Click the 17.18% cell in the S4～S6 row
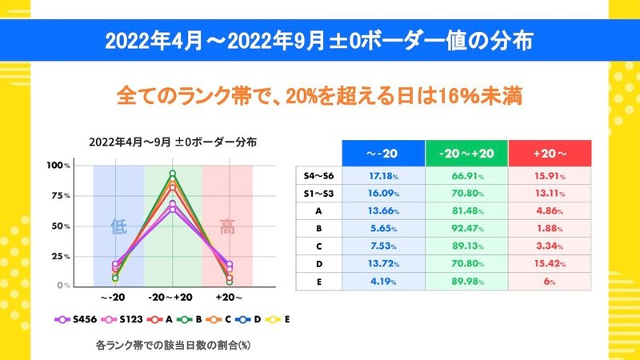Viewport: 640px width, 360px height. pos(384,176)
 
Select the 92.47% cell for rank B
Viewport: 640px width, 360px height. pos(467,229)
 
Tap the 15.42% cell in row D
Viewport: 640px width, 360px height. pos(550,264)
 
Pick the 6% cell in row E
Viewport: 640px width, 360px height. pos(550,282)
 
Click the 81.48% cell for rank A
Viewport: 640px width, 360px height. pos(467,211)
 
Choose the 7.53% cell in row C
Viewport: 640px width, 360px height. pos(384,246)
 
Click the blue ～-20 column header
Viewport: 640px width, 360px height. pos(384,154)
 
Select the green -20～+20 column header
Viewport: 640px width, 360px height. pos(467,154)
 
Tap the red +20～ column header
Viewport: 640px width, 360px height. pos(550,154)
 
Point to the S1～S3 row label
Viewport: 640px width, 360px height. pos(318,194)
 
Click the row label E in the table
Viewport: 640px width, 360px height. pos(318,282)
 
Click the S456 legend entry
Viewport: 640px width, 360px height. pos(76,319)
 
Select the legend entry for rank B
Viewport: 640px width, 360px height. pos(190,319)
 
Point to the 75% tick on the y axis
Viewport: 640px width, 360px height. pos(61,196)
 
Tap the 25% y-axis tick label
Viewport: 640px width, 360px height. pos(61,257)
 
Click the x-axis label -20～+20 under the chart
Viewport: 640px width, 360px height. pos(170,298)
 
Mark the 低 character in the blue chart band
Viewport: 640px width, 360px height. pos(118,226)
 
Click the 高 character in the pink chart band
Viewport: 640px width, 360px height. pos(227,226)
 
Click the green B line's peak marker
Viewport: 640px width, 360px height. pos(173,174)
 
